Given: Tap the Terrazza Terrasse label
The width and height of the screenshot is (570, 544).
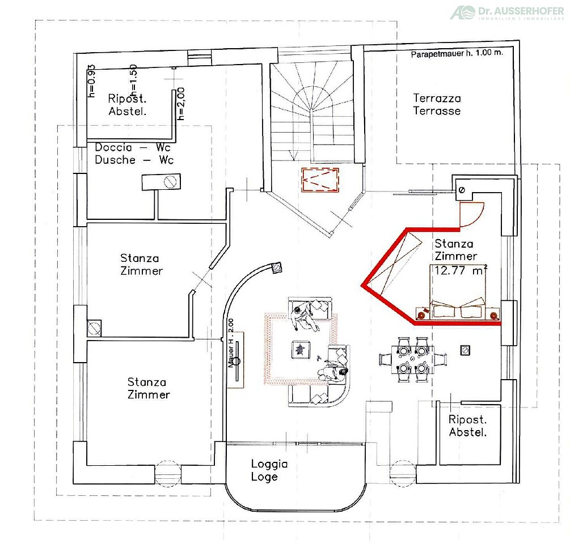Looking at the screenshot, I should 437,104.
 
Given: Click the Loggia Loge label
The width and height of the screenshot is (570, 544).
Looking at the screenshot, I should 269,470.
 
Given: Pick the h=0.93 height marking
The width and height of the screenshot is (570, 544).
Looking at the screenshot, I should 91,81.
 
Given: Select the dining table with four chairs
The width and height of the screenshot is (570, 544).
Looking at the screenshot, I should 412,359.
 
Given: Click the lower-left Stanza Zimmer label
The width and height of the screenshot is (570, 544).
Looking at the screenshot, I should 149,388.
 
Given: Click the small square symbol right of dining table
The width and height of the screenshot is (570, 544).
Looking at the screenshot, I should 465,350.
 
